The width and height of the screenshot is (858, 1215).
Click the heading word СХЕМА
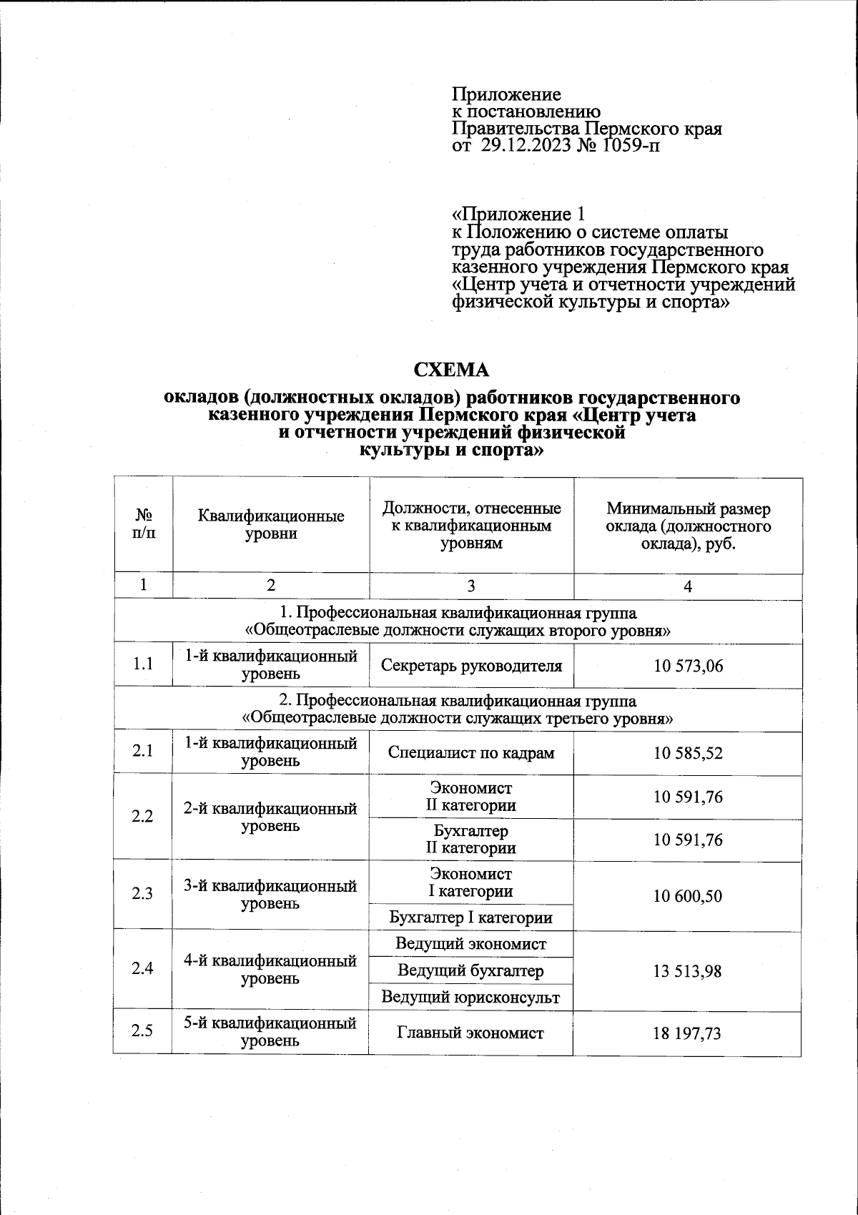point(453,370)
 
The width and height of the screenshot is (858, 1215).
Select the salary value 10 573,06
point(688,666)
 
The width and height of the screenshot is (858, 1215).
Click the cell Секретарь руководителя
point(471,666)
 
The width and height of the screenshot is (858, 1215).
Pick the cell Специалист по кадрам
point(471,753)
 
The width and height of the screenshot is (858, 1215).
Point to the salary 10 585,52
point(688,753)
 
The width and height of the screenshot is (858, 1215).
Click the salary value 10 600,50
point(688,896)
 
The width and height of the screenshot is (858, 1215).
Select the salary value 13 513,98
point(688,971)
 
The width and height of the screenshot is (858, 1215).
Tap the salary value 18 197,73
point(688,1033)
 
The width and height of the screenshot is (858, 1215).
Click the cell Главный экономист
point(471,1033)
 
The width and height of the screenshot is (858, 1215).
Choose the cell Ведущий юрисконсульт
point(471,997)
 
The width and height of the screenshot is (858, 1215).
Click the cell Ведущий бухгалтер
point(471,971)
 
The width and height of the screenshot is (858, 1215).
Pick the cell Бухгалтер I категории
point(471,918)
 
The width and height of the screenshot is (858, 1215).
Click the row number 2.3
point(142,894)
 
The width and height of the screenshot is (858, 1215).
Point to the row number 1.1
point(142,664)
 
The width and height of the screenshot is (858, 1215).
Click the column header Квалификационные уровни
point(271,525)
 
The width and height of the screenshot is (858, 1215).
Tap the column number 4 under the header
point(688,586)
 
